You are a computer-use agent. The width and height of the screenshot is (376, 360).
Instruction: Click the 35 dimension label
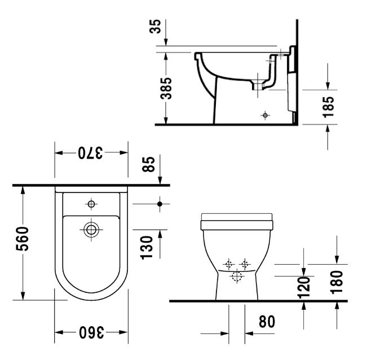point(155,27)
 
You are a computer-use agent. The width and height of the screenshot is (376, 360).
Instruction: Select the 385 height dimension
point(166,88)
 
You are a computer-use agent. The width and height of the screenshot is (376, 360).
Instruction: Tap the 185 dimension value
point(328,107)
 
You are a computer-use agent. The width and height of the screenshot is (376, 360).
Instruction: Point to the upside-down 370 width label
point(90,153)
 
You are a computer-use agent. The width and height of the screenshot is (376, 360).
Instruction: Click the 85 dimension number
point(148,164)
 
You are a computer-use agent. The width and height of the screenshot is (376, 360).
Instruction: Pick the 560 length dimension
point(23,239)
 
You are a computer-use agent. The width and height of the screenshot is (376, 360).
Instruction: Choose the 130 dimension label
point(147,248)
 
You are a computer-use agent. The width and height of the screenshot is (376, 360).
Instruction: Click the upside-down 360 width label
point(91,332)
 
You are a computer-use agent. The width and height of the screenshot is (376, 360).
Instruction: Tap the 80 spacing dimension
point(267,322)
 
